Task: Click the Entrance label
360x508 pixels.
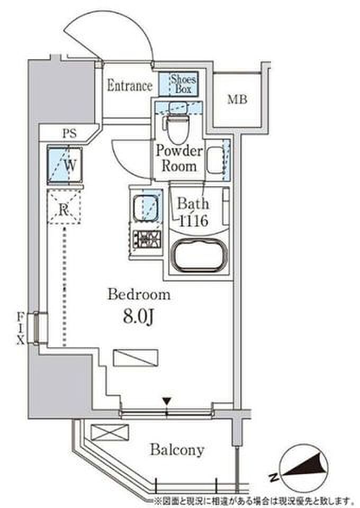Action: coord(130,86)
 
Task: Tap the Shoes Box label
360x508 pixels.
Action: coord(183,84)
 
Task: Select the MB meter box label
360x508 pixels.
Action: coord(237,99)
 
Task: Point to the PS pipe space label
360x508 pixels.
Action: coord(70,133)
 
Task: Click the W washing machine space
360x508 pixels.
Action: coord(65,165)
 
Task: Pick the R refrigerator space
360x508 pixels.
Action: coord(64,207)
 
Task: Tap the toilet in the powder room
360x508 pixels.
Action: coord(177,124)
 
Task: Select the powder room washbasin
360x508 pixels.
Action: coord(215,160)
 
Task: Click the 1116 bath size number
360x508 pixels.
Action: coord(193,221)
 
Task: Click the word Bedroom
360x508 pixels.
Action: coord(139,295)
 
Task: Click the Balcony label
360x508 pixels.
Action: coord(177,450)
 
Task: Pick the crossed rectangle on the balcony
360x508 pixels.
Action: coord(110,432)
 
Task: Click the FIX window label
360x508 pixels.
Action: coord(21,328)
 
